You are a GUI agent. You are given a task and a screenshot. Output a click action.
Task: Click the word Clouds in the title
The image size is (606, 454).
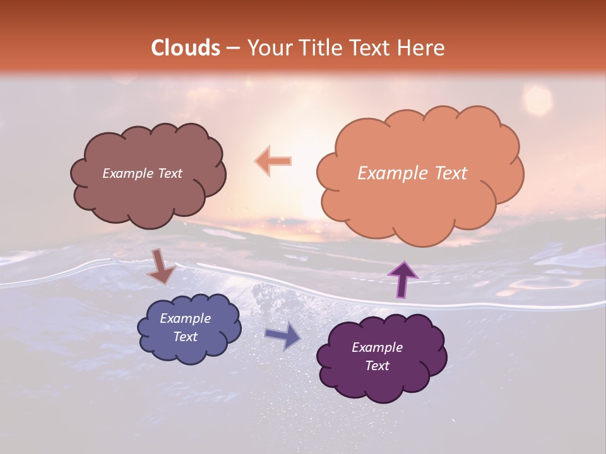point(186,48)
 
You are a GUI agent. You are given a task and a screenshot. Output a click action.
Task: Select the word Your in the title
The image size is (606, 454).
point(269,48)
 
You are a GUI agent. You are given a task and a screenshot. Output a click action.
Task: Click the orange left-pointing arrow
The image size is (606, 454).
point(273,161)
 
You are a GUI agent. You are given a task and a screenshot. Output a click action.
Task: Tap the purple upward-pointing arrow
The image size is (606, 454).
point(402,279)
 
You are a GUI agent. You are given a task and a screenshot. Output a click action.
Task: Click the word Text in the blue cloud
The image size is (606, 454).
point(186,337)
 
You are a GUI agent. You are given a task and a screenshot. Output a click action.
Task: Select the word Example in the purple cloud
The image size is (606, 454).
point(377,347)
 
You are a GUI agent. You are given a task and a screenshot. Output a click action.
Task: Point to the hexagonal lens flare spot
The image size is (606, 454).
point(538,100)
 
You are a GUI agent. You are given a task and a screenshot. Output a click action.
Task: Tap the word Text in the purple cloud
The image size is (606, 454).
point(377,366)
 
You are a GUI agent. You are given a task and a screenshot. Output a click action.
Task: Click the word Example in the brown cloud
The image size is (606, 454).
point(127,173)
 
